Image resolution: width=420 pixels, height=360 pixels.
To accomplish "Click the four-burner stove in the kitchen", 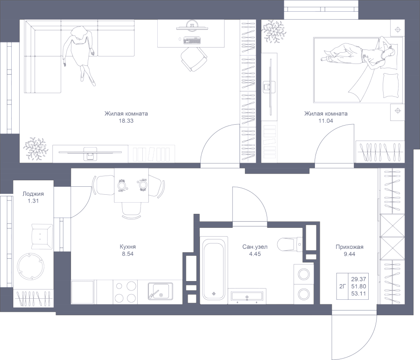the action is coord(125,292).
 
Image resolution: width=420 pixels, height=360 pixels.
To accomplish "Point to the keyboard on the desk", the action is coord(192,41).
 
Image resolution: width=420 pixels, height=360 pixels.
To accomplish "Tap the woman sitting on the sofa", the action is coord(79,55).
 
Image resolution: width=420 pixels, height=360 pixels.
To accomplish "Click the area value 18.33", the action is coord(126,121).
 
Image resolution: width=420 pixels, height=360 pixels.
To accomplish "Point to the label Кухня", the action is coord(128,247).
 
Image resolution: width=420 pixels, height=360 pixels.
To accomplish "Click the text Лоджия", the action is coord(33,194).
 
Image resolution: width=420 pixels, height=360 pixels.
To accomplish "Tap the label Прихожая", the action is coord(350,247).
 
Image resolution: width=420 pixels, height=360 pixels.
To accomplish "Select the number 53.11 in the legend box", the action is coord(358,294).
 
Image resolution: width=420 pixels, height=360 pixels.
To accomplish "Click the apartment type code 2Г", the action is coord(343,287).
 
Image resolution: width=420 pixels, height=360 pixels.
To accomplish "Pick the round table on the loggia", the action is coord(30,266).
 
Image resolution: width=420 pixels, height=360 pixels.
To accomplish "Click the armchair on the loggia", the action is coord(42,236).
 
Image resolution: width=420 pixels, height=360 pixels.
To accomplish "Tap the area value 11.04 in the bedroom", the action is coord(326,121).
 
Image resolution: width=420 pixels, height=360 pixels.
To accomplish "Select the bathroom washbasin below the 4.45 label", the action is coord(247,296).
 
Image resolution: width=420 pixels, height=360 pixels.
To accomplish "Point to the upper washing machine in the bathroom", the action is coord(304,275).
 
